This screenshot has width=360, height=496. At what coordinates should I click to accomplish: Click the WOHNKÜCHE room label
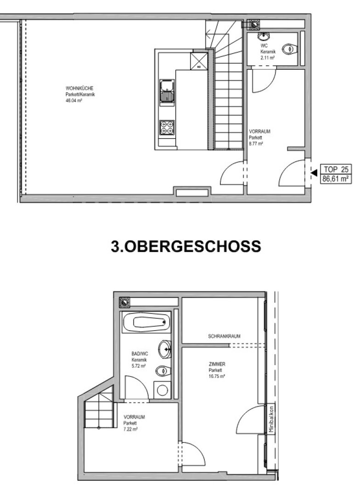(x=79, y=88)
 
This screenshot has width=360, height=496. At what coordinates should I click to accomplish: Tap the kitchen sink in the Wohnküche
(x=167, y=91)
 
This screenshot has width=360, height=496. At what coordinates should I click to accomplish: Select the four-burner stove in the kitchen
(x=167, y=127)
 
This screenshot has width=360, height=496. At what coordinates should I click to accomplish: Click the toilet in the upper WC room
(x=289, y=49)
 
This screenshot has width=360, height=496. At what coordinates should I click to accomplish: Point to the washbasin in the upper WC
(x=263, y=37)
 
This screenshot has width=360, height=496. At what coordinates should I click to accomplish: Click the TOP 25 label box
(x=336, y=169)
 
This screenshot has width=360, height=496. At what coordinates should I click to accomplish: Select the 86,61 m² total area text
(x=336, y=179)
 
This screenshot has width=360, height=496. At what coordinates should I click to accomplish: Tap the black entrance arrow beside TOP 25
(x=314, y=173)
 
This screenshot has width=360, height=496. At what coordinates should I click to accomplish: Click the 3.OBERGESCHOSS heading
(x=186, y=247)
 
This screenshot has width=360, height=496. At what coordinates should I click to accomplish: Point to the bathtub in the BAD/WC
(x=146, y=322)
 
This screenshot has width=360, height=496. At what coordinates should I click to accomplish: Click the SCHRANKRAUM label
(x=224, y=336)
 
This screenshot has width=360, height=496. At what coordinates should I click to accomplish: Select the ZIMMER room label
(x=217, y=364)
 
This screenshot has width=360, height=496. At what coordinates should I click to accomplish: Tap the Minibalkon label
(x=271, y=419)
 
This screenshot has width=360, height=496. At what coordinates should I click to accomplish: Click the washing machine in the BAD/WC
(x=162, y=390)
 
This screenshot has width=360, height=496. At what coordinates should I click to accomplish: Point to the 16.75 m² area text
(x=217, y=377)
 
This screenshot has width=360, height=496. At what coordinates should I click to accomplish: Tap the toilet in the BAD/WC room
(x=163, y=371)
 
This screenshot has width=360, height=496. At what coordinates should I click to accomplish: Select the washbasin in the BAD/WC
(x=164, y=349)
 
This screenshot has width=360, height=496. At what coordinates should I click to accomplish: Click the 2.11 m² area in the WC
(x=267, y=58)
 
